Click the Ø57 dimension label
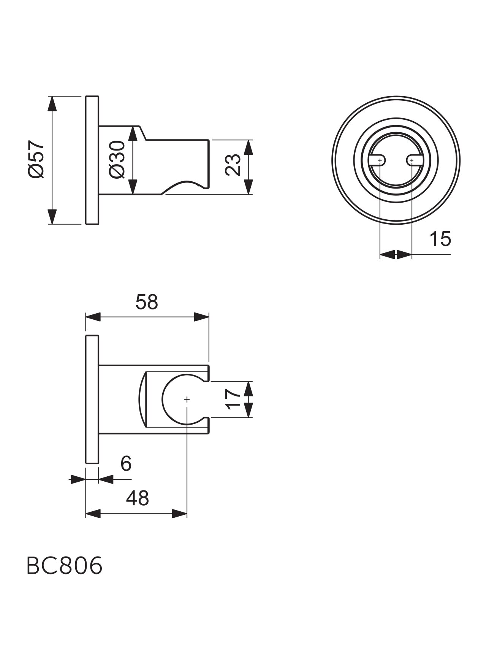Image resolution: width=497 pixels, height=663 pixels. [x=36, y=159]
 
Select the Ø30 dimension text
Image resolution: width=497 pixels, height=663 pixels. [x=117, y=159]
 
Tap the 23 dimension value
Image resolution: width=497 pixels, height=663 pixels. [x=233, y=165]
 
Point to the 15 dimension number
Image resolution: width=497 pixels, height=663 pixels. [x=440, y=239]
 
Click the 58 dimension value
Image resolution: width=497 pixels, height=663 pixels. [x=147, y=302]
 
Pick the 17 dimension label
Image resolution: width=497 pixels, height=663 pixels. [x=233, y=399]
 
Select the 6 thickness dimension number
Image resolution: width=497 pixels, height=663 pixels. [x=126, y=463]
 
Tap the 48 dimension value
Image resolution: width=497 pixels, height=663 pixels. [x=138, y=498]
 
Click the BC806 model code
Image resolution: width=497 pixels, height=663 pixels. [x=65, y=566]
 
